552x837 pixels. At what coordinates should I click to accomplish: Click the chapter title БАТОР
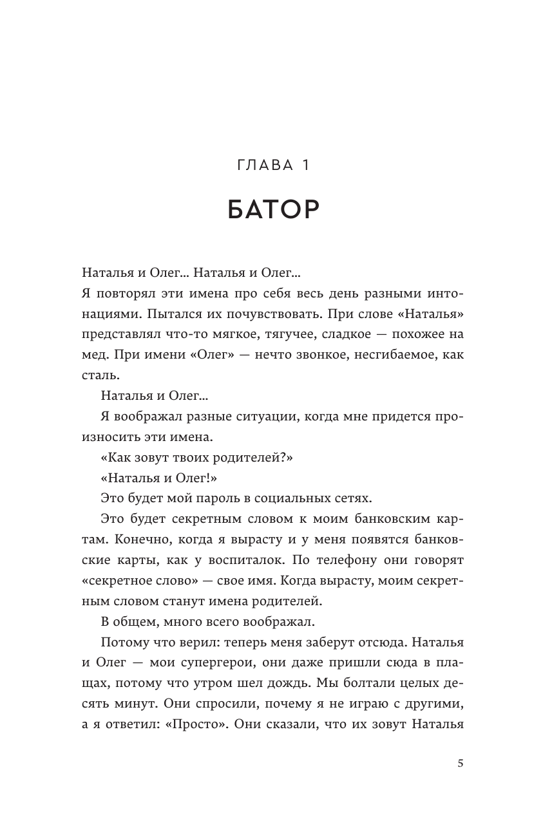click(274, 210)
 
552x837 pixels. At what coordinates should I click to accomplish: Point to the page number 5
click(460, 764)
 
